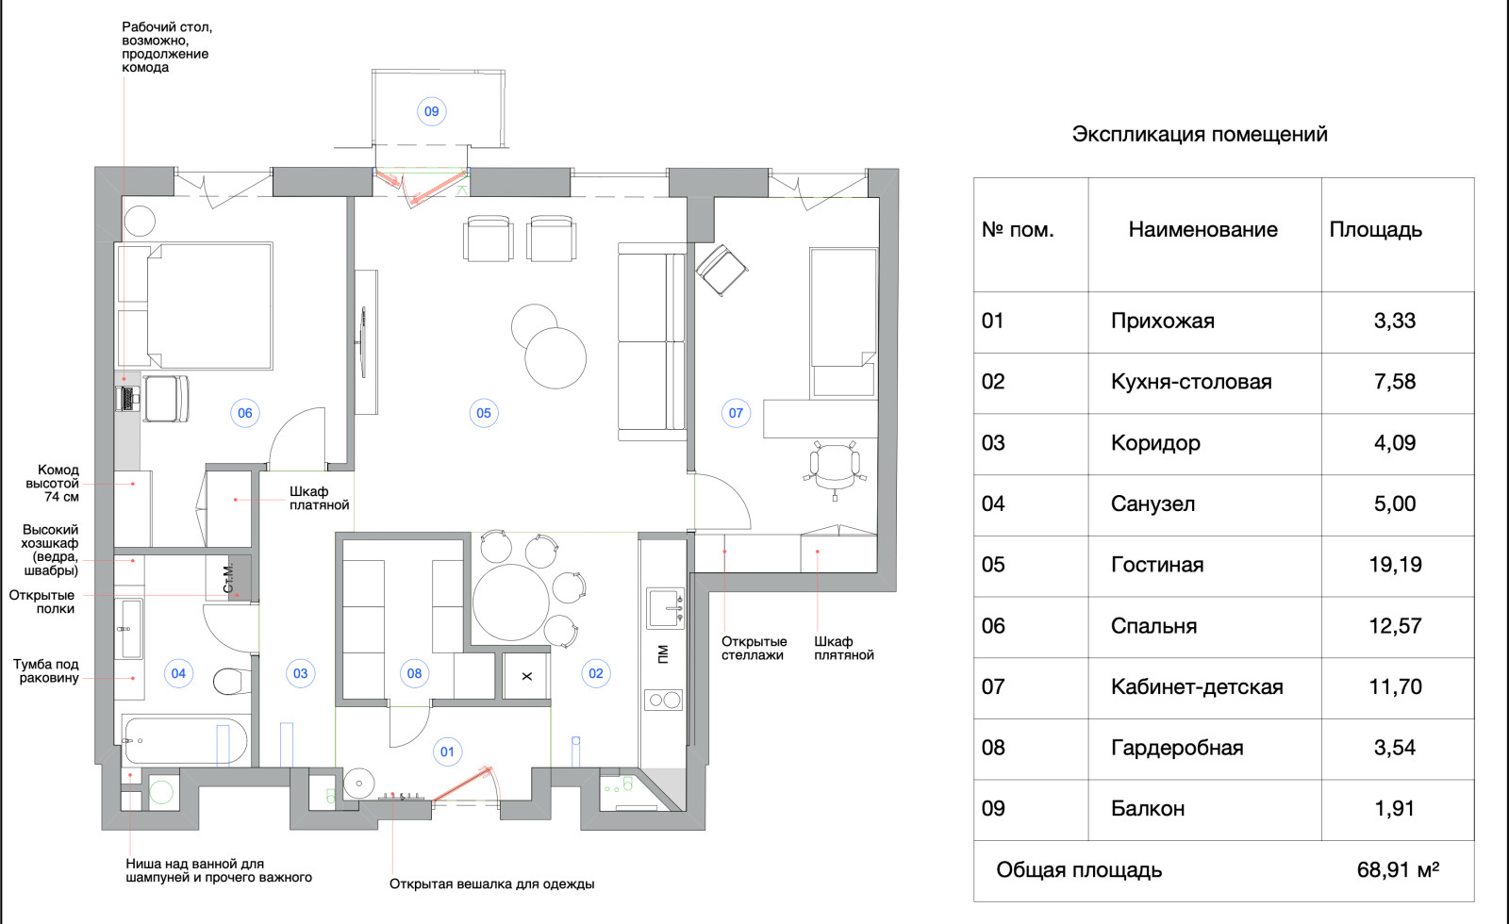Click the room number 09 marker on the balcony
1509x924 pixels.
431,111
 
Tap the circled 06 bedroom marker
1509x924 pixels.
245,413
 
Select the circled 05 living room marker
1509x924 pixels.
484,413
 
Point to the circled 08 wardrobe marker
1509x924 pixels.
414,673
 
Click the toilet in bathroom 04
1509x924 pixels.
231,680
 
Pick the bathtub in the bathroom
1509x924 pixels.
185,741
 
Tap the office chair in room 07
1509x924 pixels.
834,465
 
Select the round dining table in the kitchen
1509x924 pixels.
510,602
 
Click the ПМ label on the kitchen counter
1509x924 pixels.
663,653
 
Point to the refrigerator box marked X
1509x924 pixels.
526,676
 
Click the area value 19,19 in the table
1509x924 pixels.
1395,565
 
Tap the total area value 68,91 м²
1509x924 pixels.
1397,870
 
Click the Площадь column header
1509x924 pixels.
1375,230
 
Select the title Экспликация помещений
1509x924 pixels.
1199,134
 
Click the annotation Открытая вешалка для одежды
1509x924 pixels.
491,884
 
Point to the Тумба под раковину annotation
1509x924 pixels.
46,671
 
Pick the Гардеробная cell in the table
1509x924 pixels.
1176,749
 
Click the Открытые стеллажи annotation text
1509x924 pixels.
754,649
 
